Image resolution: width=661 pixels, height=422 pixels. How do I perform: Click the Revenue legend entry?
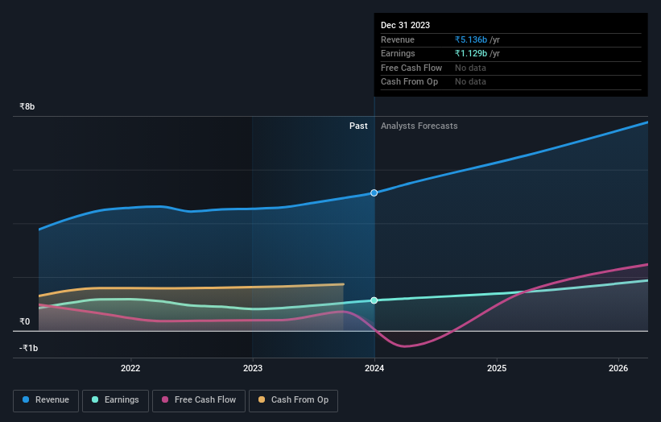pos(47,399)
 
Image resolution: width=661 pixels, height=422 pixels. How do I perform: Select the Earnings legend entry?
pos(115,399)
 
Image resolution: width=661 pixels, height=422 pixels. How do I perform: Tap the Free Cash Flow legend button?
pos(199,399)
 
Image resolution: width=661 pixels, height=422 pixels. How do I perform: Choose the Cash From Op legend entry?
pos(293,399)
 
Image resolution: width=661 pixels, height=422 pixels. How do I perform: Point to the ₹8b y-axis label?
pos(27,106)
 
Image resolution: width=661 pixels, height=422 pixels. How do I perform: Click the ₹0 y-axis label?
pos(25,321)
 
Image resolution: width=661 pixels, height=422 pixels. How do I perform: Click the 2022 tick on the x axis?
pos(130,369)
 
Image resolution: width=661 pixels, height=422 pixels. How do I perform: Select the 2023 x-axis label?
pos(253,369)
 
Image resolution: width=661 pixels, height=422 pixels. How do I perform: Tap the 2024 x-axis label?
pos(374,369)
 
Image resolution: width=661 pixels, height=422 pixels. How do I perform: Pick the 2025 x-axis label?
pos(497,369)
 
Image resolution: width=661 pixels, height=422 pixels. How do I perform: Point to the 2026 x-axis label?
pos(618,369)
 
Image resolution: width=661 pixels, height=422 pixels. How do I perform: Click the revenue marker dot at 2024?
pos(374,193)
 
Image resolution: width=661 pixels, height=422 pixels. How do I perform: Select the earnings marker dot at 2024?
pos(374,300)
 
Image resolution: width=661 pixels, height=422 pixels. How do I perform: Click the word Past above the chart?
pos(358,126)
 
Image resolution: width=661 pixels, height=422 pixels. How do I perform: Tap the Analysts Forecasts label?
pos(419,126)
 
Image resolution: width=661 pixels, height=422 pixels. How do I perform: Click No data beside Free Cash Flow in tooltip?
pos(470,68)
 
